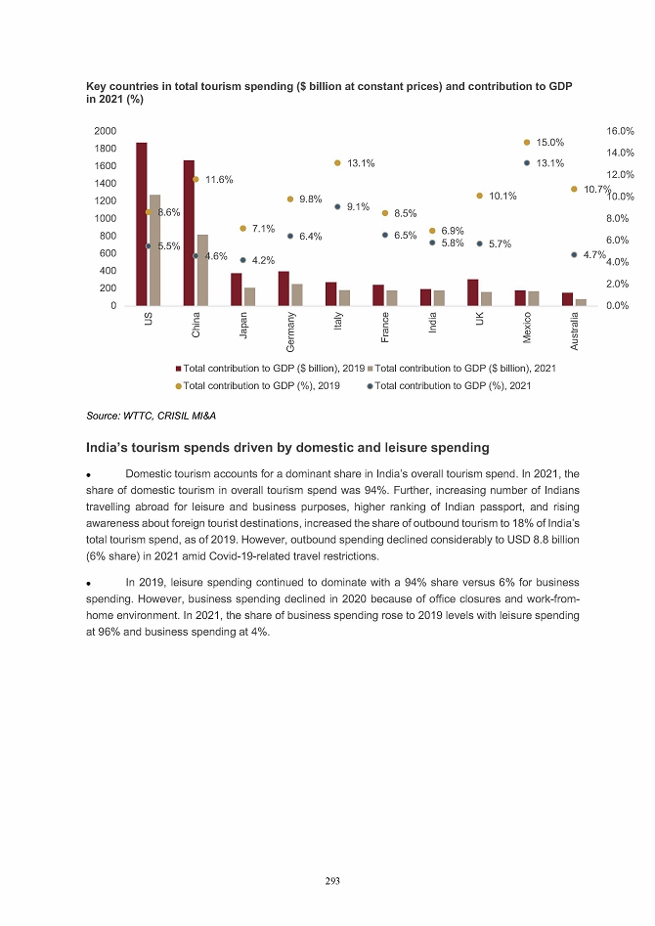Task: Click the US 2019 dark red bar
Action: click(142, 224)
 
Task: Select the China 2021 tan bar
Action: click(202, 270)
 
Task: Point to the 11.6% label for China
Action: click(219, 180)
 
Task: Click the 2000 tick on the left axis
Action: click(106, 130)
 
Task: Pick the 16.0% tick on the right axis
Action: click(621, 130)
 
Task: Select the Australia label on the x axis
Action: click(575, 330)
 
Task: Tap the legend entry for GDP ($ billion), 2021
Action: click(465, 369)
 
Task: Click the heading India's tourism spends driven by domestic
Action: click(287, 448)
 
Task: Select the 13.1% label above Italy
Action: click(362, 163)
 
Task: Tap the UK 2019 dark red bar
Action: click(473, 292)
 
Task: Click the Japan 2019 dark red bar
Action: click(237, 289)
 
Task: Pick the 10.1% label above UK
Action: click(502, 197)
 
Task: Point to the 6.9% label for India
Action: click(452, 231)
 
